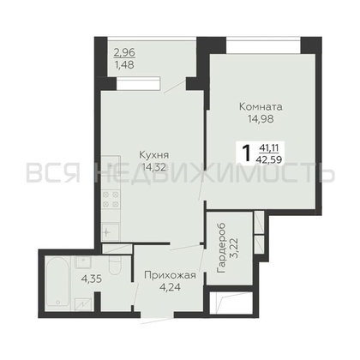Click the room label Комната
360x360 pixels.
pyautogui.click(x=261, y=107)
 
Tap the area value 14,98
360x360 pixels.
pyautogui.click(x=261, y=119)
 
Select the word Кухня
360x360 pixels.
pyautogui.click(x=153, y=155)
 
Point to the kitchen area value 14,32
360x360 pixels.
pyautogui.click(x=153, y=167)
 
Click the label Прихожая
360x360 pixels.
pyautogui.click(x=170, y=275)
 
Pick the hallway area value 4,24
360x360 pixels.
pyautogui.click(x=170, y=287)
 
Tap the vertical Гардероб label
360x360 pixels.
pyautogui.click(x=221, y=248)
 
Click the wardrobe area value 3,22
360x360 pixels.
pyautogui.click(x=233, y=248)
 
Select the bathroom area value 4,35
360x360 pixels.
pyautogui.click(x=92, y=279)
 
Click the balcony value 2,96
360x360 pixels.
pyautogui.click(x=124, y=52)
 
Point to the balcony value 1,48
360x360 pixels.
pyautogui.click(x=124, y=65)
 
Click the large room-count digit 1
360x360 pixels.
pyautogui.click(x=246, y=153)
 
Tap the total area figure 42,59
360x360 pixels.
pyautogui.click(x=270, y=159)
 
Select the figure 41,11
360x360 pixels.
pyautogui.click(x=269, y=147)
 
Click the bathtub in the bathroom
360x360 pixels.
pyautogui.click(x=57, y=282)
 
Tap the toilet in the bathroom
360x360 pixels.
pyautogui.click(x=116, y=265)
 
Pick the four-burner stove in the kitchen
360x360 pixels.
pyautogui.click(x=111, y=200)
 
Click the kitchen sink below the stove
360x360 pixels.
pyautogui.click(x=111, y=232)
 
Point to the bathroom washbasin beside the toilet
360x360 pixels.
pyautogui.click(x=83, y=261)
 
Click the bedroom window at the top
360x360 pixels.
pyautogui.click(x=263, y=45)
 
